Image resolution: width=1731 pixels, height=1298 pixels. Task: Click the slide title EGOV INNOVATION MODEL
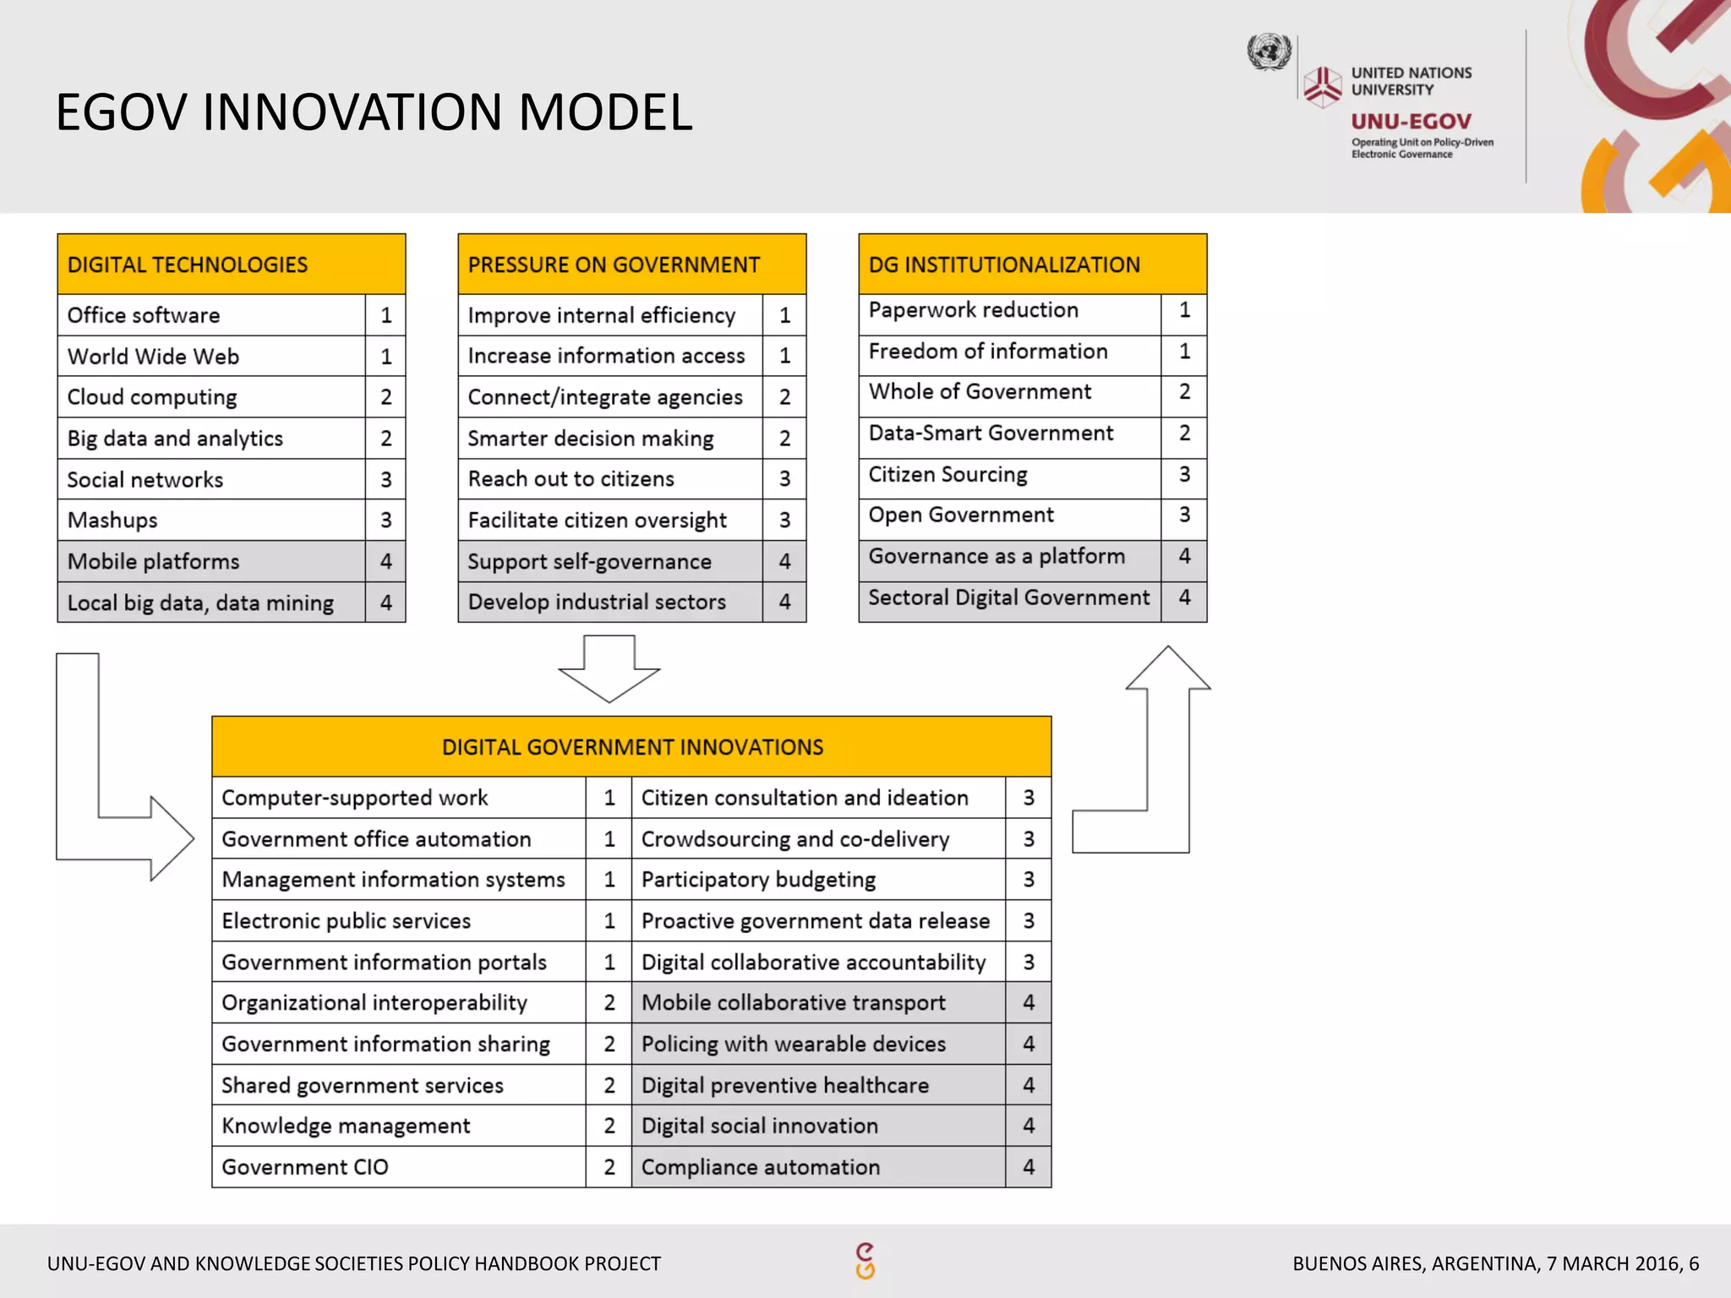pyautogui.click(x=374, y=112)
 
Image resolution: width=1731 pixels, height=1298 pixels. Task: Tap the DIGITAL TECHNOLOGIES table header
pyautogui.click(x=188, y=265)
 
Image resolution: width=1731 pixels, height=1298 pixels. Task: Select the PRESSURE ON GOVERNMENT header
pyautogui.click(x=614, y=265)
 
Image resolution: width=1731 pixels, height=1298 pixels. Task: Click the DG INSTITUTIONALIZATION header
pyautogui.click(x=1004, y=265)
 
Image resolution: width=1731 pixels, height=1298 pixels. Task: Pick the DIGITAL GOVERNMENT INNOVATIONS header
pyautogui.click(x=631, y=747)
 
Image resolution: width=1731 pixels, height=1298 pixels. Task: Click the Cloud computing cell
pyautogui.click(x=152, y=397)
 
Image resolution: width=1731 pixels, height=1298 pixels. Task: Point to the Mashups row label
pyautogui.click(x=112, y=521)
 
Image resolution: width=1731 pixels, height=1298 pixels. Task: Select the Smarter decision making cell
pyautogui.click(x=591, y=439)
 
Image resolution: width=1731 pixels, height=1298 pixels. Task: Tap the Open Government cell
pyautogui.click(x=961, y=515)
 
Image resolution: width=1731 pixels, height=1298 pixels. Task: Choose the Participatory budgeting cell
pyautogui.click(x=758, y=880)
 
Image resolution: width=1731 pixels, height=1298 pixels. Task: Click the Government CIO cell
pyautogui.click(x=305, y=1167)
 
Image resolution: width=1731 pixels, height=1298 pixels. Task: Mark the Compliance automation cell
pyautogui.click(x=761, y=1167)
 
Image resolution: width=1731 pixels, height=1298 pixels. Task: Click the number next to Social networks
pyautogui.click(x=386, y=480)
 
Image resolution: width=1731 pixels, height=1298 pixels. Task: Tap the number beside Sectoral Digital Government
pyautogui.click(x=1184, y=597)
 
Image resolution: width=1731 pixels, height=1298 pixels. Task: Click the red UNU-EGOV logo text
pyautogui.click(x=1411, y=122)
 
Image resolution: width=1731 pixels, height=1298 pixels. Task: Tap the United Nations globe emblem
pyautogui.click(x=1269, y=52)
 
